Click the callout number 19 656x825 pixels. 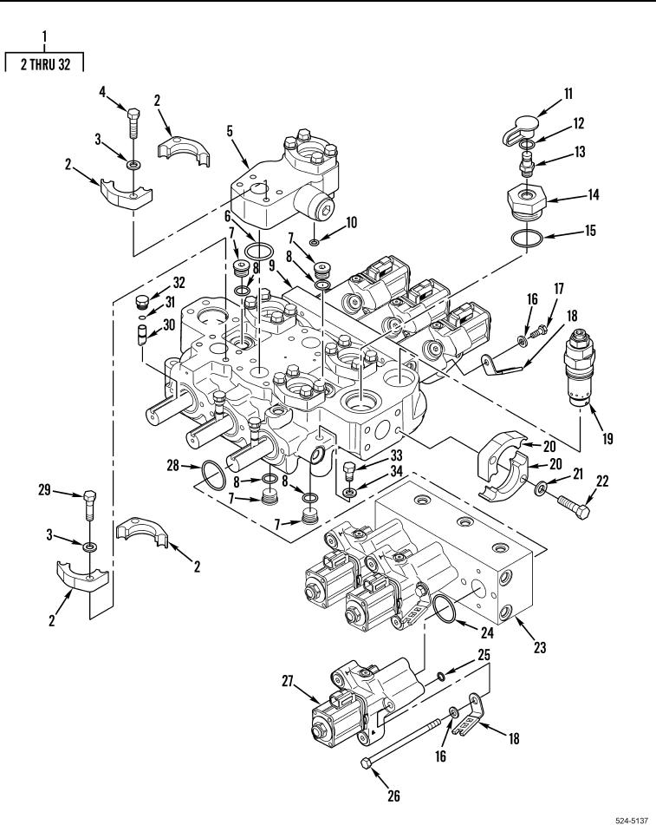(x=607, y=439)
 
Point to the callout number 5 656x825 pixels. (x=230, y=131)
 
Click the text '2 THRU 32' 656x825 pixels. (x=45, y=64)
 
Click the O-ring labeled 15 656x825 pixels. (x=527, y=238)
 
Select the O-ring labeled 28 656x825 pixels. (x=214, y=475)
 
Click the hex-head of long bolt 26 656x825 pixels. (x=367, y=762)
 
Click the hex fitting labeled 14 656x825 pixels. (x=527, y=202)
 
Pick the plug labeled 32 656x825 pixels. (x=142, y=302)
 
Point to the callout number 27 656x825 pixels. (x=287, y=681)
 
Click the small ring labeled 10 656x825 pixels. (x=314, y=242)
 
